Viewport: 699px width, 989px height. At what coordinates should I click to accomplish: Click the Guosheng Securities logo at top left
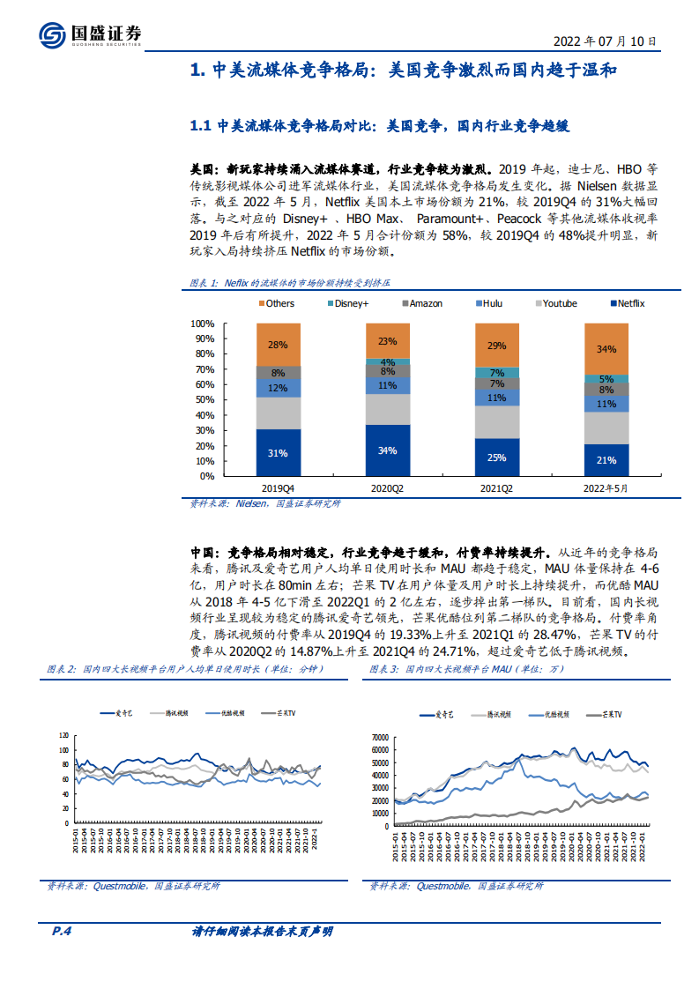(x=89, y=34)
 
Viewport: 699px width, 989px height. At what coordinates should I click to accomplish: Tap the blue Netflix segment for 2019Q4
(x=278, y=452)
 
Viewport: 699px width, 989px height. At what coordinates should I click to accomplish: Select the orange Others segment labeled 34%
(x=606, y=349)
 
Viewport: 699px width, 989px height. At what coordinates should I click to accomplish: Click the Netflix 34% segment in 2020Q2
(x=387, y=450)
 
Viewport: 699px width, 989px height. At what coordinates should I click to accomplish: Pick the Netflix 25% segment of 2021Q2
(x=496, y=457)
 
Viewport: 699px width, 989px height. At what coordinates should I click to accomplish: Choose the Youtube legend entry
(x=554, y=303)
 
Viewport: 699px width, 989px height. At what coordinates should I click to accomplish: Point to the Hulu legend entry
(x=487, y=303)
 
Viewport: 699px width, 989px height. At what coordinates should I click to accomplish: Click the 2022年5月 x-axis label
(x=606, y=487)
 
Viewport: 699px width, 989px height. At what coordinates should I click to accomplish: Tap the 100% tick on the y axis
(x=204, y=323)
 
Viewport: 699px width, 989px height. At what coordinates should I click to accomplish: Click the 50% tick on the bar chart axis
(x=205, y=400)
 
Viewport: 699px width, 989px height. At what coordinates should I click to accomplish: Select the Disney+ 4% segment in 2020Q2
(x=387, y=362)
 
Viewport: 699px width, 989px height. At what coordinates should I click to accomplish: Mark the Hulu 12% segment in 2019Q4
(x=278, y=388)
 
